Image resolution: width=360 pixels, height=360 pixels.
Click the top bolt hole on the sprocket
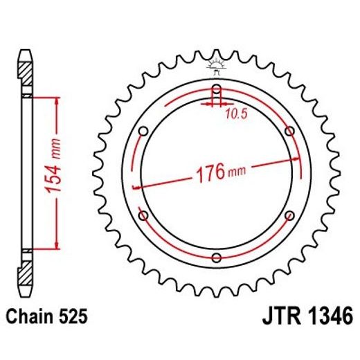216,89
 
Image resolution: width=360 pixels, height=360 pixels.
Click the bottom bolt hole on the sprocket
216,258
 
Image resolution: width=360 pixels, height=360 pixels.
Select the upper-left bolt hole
143,131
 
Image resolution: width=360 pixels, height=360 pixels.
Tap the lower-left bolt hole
143,216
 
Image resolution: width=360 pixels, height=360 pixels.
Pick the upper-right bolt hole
289,131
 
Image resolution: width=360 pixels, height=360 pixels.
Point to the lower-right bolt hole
289,216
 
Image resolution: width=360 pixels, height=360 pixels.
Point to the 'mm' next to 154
58,145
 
